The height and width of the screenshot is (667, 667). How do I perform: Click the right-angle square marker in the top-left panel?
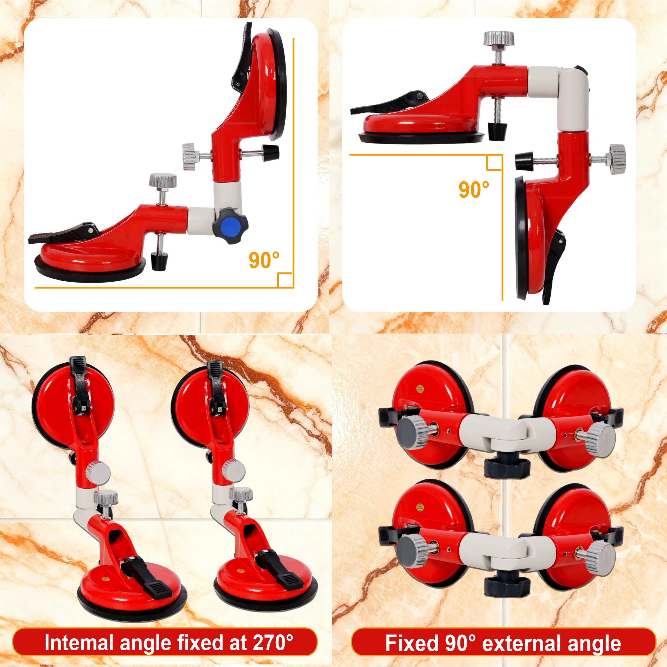[285, 280]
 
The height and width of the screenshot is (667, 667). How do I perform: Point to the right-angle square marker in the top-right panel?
[494, 163]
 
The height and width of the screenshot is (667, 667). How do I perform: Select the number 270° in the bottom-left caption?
[273, 643]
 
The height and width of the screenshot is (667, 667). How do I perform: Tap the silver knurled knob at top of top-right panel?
[498, 38]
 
